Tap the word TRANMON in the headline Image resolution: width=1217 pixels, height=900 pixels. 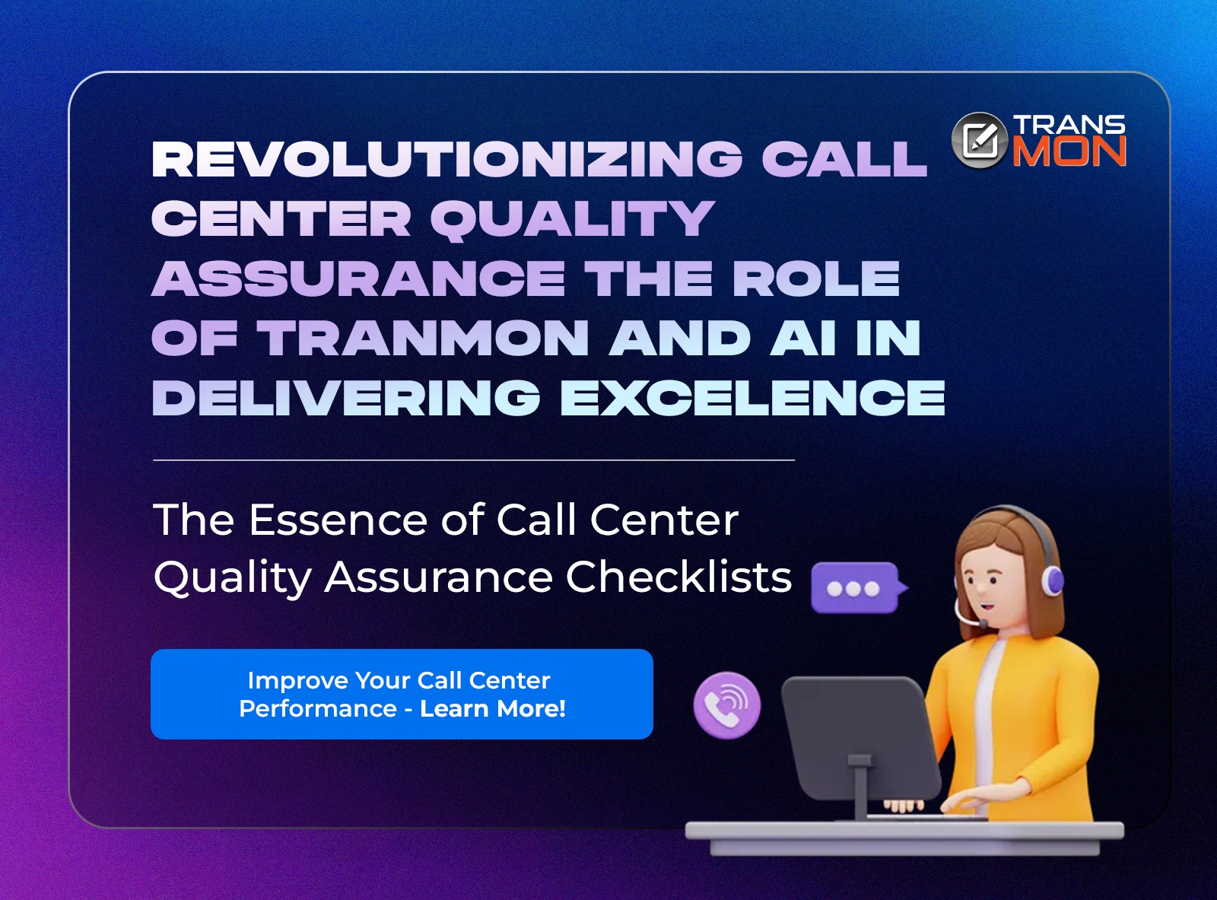[422, 338]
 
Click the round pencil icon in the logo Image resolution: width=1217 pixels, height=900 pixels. [980, 141]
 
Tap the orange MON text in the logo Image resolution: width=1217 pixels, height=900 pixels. [1069, 151]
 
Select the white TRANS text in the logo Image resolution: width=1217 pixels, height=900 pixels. [1069, 125]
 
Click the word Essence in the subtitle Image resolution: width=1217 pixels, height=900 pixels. [338, 520]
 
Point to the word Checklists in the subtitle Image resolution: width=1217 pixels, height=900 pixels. [678, 577]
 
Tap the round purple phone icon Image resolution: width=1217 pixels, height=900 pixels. [727, 705]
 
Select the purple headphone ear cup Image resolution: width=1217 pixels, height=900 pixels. [1052, 580]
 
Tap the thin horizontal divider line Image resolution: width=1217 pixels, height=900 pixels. [474, 460]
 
